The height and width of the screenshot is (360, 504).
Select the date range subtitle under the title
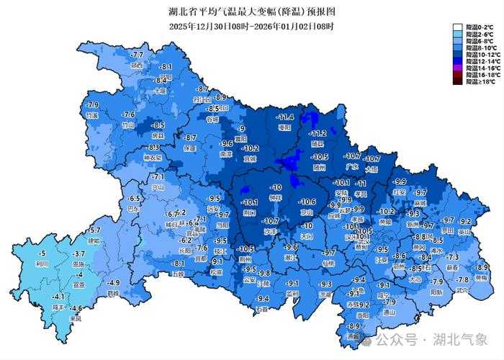coord(251,26)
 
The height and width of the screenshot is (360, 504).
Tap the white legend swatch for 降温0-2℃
coord(458,27)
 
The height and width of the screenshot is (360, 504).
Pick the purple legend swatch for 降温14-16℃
coord(458,67)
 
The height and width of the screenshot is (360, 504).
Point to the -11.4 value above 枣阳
coord(286,117)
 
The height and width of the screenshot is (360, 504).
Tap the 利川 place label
coord(42,264)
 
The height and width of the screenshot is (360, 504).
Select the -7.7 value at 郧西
coord(137,55)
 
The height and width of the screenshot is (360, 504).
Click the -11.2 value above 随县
coord(318,134)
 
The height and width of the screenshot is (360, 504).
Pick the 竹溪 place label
coord(91,115)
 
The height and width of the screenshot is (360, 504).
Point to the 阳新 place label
coord(436,292)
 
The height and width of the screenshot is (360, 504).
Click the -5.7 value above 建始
coord(94,230)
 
